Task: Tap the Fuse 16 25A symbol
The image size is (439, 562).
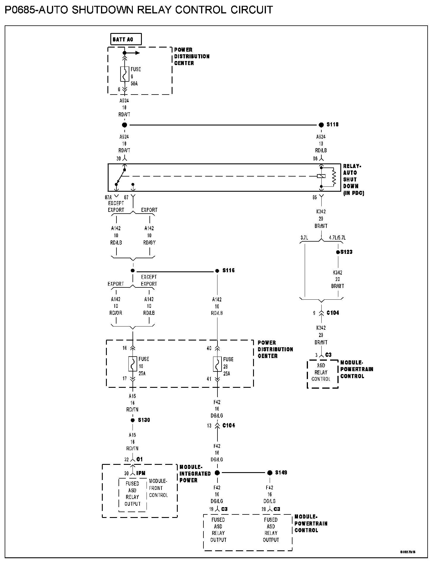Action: [133, 364]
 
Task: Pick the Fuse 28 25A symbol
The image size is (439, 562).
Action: [217, 364]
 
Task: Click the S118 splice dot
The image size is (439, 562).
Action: [321, 125]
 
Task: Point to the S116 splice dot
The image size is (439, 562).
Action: [217, 271]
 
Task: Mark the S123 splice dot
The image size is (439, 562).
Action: [338, 252]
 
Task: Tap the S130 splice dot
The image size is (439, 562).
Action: [133, 420]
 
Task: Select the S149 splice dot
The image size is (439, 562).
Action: [269, 473]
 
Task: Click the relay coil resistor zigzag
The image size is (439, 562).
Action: [334, 177]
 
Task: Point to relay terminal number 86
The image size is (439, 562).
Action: [315, 159]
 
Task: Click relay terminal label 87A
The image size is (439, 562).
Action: [108, 198]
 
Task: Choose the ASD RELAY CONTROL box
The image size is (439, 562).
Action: [321, 373]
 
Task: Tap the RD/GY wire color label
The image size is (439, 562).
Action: [149, 243]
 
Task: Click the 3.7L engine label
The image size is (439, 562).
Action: [304, 238]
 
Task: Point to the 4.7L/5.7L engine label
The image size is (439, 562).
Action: [337, 238]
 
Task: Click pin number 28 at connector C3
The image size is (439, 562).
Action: [264, 509]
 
